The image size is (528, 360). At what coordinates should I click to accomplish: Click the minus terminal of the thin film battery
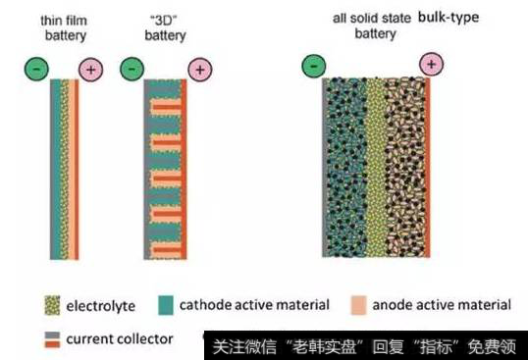(x=37, y=70)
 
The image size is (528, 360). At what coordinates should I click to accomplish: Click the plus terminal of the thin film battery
(x=93, y=70)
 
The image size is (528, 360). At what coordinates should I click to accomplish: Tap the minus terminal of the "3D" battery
(x=133, y=70)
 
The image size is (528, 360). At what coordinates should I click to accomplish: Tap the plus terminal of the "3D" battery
(x=198, y=70)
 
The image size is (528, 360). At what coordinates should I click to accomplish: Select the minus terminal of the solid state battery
(x=313, y=66)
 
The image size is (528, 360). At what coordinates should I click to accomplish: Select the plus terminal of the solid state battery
(x=432, y=66)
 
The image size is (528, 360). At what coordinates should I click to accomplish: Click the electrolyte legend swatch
(x=51, y=306)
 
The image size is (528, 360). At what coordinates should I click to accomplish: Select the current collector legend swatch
(x=51, y=339)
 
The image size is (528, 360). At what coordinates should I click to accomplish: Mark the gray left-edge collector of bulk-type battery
(x=325, y=167)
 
